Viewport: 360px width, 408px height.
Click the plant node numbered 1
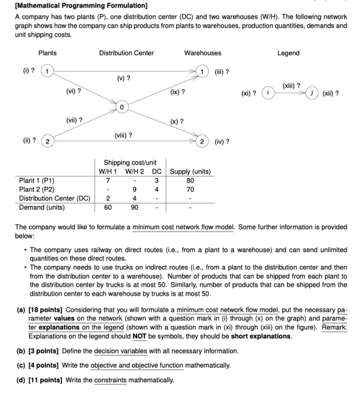click(47, 71)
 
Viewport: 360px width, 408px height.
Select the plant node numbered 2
click(47, 141)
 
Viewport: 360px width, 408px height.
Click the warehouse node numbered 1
click(203, 71)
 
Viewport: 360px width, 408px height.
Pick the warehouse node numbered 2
click(203, 141)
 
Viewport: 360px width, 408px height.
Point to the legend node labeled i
click(267, 93)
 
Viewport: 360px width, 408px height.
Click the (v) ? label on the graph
click(124, 78)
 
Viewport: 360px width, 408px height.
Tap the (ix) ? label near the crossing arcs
click(177, 92)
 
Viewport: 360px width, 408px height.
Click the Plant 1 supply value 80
click(190, 180)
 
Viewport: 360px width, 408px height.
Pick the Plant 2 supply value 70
click(190, 189)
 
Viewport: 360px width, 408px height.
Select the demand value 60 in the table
click(108, 207)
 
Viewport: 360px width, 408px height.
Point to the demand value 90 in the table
click(134, 207)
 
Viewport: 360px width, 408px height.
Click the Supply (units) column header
click(190, 171)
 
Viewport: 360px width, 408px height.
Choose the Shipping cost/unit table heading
click(130, 162)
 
